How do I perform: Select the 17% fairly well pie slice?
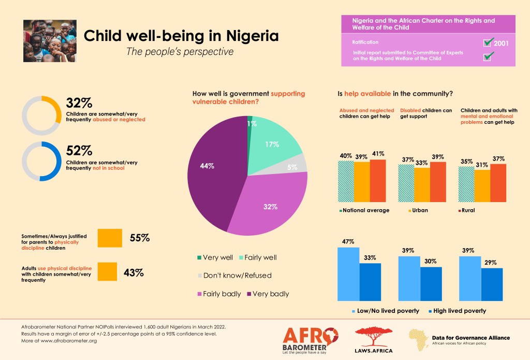click(x=274, y=140)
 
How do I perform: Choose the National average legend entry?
click(x=365, y=210)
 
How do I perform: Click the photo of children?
click(x=50, y=41)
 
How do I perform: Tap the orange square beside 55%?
click(x=109, y=238)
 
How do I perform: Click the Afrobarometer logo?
click(x=311, y=339)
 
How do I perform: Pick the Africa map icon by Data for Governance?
click(x=417, y=340)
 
